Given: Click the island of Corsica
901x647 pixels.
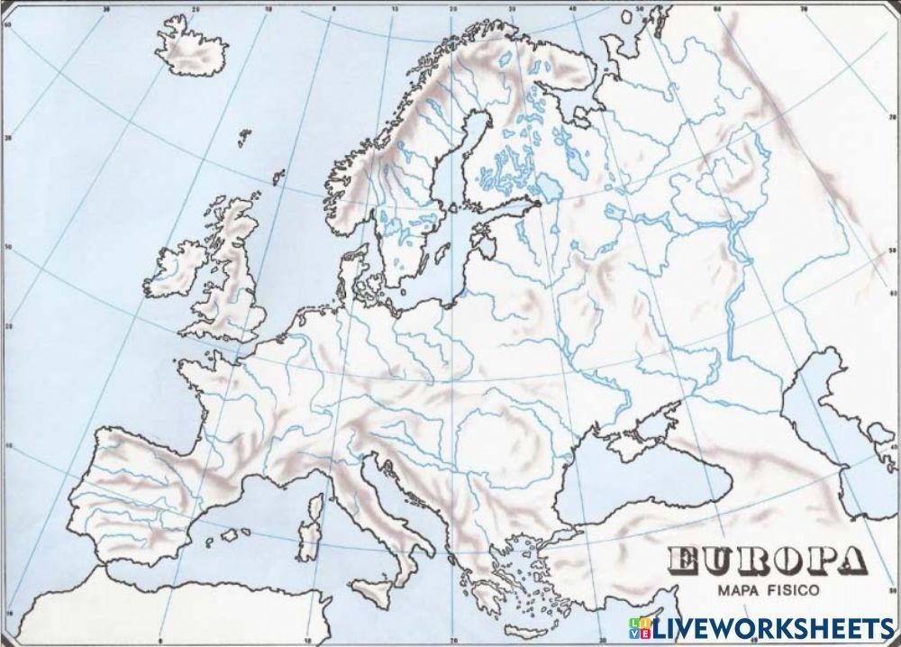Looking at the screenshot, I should (x=315, y=506).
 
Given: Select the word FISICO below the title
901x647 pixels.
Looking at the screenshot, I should (x=794, y=591).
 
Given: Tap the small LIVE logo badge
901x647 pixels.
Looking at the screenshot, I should (x=644, y=628).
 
